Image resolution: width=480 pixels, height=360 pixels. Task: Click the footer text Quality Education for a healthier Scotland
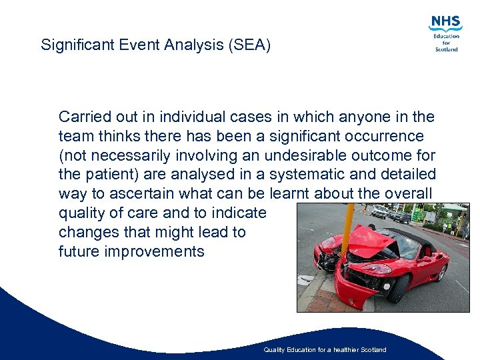coord(325,350)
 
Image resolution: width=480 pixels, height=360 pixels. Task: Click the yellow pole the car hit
coord(346,234)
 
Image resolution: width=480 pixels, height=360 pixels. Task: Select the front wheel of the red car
coord(400,287)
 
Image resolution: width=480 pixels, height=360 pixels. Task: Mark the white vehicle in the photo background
coord(379,212)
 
